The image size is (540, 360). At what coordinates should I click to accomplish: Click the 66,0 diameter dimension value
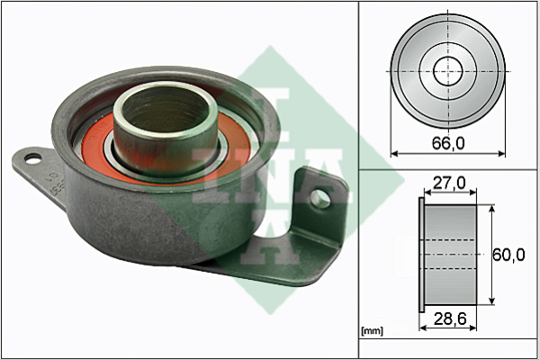coord(448,143)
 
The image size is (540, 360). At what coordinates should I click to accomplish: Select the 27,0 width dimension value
coord(449,183)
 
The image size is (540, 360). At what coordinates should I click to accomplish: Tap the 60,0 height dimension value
coord(508,255)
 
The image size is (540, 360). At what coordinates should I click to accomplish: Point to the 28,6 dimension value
coord(450,319)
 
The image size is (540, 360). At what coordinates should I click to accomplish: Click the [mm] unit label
coord(372,331)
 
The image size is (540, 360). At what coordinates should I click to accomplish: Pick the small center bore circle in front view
coord(447,72)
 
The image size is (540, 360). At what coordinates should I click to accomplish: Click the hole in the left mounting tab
coord(33,158)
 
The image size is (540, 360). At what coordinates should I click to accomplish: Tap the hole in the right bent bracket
coord(320,199)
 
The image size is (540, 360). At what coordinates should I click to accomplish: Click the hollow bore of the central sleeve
coord(166,110)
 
